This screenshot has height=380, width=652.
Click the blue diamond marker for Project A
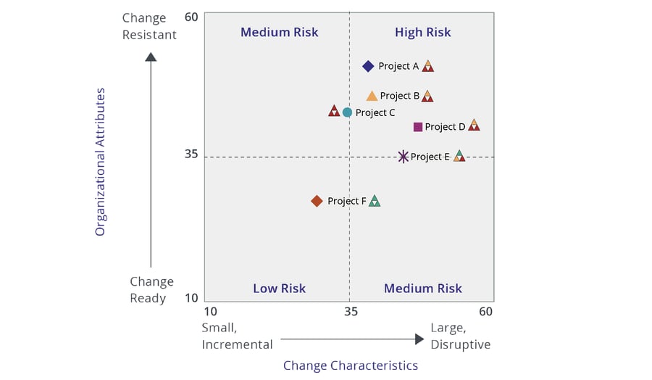368,66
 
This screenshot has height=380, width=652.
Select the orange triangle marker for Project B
372,96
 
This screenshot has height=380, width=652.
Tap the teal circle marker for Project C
347,112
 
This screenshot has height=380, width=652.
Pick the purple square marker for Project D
418,127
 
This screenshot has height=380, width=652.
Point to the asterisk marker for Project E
404,157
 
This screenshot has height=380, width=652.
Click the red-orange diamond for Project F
317,201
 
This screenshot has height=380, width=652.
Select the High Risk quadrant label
422,32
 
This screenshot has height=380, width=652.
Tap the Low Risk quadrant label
279,288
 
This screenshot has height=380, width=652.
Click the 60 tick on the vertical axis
191,17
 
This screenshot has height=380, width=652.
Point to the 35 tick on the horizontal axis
351,312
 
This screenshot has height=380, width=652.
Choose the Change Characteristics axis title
350,365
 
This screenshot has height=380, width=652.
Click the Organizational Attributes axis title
101,162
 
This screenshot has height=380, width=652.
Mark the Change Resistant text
149,26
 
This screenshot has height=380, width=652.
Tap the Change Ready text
151,289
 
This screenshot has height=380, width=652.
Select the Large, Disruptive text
460,336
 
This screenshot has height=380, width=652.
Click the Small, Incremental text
237,336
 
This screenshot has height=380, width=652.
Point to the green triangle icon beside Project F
374,201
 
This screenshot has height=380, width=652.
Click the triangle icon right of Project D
474,125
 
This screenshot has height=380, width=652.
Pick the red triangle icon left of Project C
334,111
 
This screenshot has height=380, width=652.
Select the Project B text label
400,96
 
